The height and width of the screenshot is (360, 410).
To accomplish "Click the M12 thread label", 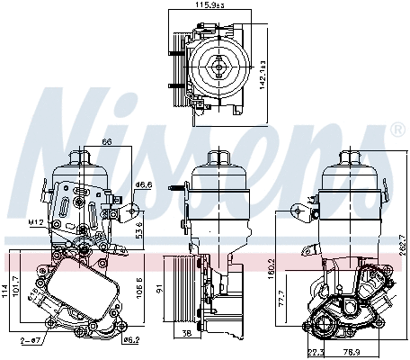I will click(x=36, y=221).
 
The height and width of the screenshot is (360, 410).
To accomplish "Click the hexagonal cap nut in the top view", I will click(x=218, y=65).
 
